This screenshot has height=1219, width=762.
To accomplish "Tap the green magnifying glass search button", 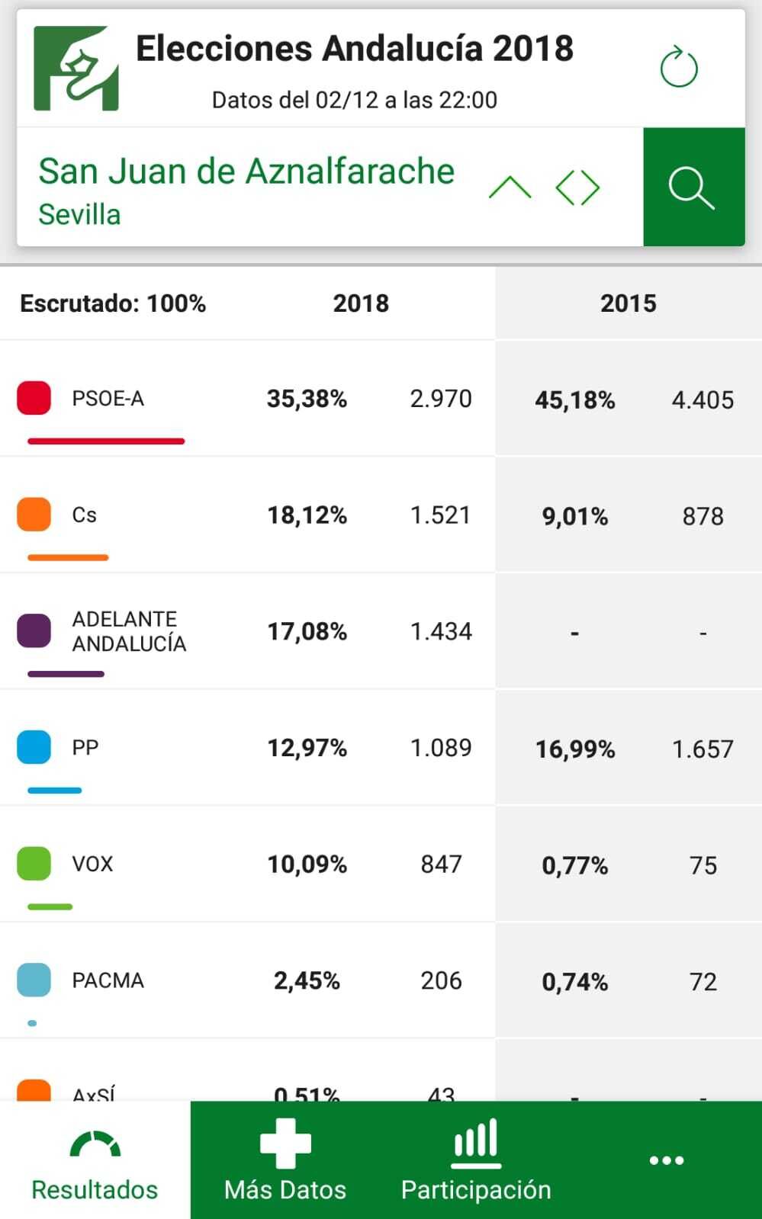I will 693,188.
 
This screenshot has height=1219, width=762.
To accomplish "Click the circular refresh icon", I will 678,68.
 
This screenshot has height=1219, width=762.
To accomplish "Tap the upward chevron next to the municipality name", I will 510,188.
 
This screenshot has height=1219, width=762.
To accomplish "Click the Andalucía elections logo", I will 76,69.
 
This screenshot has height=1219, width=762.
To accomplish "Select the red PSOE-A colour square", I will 34,398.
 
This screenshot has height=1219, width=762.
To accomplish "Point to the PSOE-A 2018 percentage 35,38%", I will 307,399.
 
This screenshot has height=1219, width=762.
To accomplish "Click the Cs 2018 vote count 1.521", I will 441,515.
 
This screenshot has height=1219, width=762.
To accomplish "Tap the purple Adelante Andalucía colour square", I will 34,631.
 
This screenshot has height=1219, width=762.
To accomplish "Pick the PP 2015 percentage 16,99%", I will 574,749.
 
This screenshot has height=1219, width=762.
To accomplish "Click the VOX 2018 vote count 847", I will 441,865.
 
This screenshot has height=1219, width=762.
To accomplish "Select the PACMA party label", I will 108,980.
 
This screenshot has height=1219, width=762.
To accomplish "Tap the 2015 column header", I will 628,303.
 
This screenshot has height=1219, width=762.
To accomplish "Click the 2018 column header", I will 361,303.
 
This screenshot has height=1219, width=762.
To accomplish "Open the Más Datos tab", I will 285,1160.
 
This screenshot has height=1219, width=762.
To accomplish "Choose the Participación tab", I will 476,1160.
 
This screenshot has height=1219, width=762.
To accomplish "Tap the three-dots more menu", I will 666,1160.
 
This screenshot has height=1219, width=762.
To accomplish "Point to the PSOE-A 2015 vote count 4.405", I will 703,400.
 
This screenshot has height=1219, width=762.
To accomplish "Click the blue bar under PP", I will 54,791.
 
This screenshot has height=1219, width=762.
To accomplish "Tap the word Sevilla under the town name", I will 79,215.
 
